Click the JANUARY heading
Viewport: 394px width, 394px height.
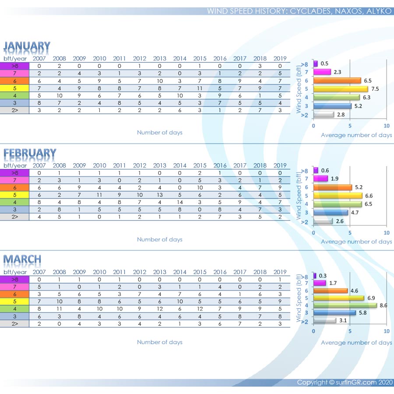point(27,46)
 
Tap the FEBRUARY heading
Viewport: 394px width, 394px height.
point(30,153)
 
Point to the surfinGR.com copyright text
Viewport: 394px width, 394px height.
point(344,382)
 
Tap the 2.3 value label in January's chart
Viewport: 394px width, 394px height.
point(337,72)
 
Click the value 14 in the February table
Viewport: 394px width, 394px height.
point(180,202)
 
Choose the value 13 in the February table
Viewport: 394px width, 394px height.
point(160,195)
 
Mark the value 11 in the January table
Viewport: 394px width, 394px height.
point(200,88)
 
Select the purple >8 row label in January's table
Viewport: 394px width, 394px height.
point(14,66)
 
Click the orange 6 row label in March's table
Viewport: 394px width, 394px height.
point(14,294)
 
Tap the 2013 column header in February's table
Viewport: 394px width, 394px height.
point(160,165)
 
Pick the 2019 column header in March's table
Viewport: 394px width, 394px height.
point(280,272)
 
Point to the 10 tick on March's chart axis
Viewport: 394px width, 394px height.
point(387,331)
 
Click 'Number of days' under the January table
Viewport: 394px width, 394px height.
point(159,132)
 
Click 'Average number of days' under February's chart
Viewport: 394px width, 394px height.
point(356,242)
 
